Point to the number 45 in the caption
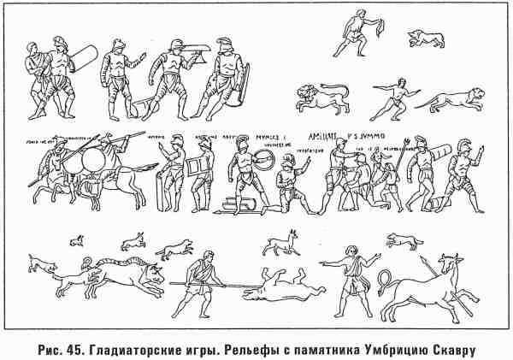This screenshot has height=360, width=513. pos(68,347)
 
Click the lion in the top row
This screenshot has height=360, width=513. pos(321,99)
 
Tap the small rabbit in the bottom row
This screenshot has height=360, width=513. pos(76,239)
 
